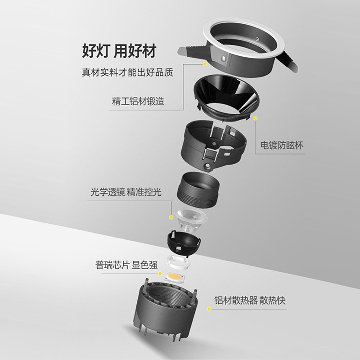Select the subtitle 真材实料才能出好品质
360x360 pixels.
click(127, 72)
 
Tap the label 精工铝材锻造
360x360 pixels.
click(138, 101)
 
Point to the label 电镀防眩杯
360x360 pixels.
click(282, 145)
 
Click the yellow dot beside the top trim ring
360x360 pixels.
click(205, 64)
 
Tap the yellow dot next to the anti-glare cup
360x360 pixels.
click(256, 118)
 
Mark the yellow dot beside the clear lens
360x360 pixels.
click(171, 217)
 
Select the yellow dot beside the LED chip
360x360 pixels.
click(160, 273)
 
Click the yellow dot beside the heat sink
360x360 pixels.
click(209, 309)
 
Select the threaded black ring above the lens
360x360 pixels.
click(198, 189)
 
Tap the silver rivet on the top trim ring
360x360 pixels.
click(224, 58)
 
